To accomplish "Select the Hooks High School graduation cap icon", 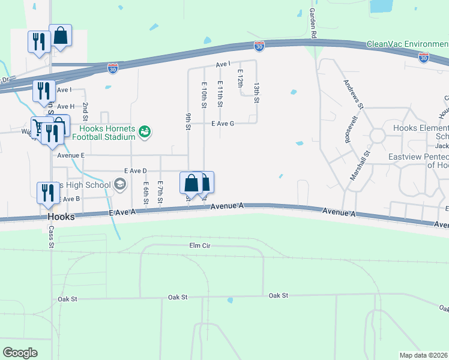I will tap(119, 184).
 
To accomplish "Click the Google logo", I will tap(20, 352).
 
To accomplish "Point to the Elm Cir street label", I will tap(198, 245).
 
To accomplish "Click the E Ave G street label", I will tap(222, 124).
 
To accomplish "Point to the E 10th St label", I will tap(204, 96).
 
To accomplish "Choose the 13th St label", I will tap(256, 93).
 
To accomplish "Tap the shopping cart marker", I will tap(40, 127).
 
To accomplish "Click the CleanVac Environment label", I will tap(407, 44).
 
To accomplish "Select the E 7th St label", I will tap(160, 191).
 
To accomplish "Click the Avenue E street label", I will tap(71, 155).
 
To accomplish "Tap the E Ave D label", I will tap(136, 171).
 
